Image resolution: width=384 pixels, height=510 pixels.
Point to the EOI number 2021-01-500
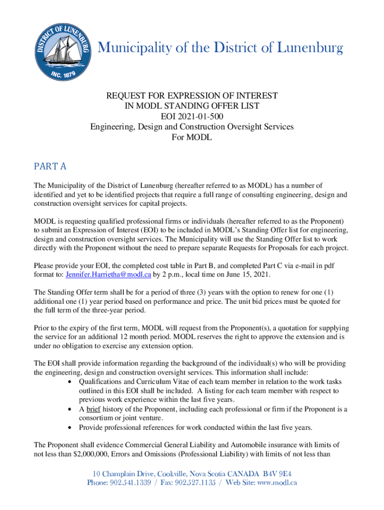click(x=192, y=117)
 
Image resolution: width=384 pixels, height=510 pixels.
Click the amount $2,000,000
click(x=95, y=454)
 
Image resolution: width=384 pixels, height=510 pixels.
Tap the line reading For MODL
click(x=192, y=137)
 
